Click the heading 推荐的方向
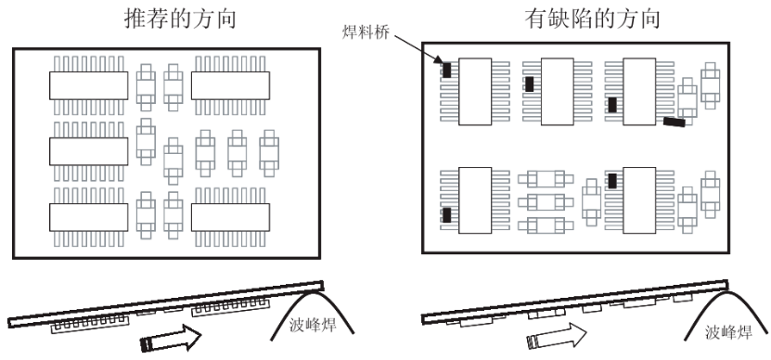coord(181,19)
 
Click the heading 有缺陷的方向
coord(592,19)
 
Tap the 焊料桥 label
coord(366,32)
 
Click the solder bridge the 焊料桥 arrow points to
coord(446,70)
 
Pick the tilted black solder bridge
coord(675,122)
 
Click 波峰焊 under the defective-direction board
coord(728,332)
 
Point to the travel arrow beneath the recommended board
coord(171,338)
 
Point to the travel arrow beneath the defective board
coord(556,336)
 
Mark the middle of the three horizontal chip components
coord(546,201)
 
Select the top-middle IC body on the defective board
coord(557,92)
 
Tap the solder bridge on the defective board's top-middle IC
coord(529,84)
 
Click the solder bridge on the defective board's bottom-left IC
coord(446,215)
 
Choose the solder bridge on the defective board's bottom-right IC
coord(612,181)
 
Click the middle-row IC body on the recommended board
coord(88,151)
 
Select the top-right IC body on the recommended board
coord(230,85)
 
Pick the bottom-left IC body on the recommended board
coord(88,217)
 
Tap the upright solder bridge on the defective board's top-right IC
coord(612,105)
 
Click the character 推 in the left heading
coord(135,19)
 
